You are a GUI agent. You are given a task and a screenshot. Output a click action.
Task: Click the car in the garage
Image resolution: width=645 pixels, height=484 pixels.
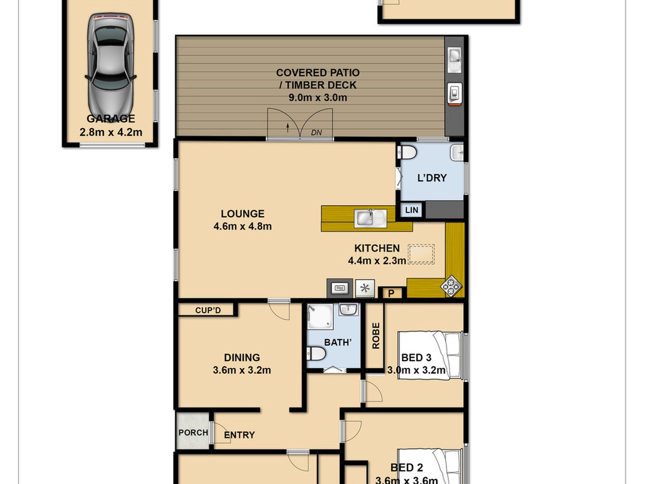point(111,66)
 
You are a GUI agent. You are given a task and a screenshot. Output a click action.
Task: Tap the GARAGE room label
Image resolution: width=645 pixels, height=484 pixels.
point(111,119)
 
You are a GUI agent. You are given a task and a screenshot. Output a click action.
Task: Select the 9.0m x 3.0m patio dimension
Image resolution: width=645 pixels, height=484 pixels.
point(318,97)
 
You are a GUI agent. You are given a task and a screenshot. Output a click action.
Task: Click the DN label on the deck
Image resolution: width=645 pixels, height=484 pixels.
point(316,132)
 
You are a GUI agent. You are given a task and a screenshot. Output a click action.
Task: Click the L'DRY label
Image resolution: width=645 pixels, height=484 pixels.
point(432,178)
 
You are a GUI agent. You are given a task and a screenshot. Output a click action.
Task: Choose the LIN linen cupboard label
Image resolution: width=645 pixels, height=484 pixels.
point(411,210)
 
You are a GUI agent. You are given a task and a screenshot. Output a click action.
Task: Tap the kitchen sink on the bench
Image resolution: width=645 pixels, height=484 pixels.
point(370,218)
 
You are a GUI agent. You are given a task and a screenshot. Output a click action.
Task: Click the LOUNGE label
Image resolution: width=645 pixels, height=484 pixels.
point(242,214)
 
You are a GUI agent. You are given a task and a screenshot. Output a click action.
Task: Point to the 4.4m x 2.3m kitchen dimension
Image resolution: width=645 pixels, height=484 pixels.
point(377,261)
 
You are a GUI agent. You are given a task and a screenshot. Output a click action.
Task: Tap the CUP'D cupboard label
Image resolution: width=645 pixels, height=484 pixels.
point(208,310)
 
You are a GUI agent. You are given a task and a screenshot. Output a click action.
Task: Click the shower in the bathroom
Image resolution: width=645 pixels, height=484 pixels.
point(319,317)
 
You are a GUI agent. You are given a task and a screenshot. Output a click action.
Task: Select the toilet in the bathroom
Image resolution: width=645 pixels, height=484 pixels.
point(316,354)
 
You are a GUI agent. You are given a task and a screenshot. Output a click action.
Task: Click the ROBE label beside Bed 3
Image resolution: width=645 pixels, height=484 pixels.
point(376,336)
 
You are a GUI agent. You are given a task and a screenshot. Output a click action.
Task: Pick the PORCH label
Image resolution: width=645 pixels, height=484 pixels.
point(193,432)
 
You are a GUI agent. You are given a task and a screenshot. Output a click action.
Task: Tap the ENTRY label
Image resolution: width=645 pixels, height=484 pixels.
point(239,435)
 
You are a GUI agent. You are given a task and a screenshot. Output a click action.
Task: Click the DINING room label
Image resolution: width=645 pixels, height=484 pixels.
point(242,357)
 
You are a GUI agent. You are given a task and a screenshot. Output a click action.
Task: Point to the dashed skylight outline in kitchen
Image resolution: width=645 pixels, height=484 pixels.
point(421,254)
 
